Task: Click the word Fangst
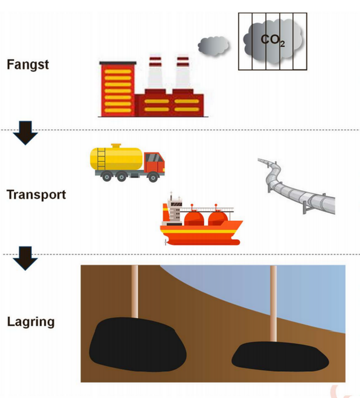(x=28, y=65)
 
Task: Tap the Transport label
(x=36, y=194)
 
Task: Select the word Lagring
(x=30, y=321)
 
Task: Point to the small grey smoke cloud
(x=213, y=46)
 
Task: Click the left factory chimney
(x=155, y=75)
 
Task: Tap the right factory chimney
(x=182, y=75)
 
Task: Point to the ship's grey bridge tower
(x=174, y=209)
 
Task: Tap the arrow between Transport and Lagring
(x=24, y=256)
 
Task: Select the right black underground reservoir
(x=280, y=356)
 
